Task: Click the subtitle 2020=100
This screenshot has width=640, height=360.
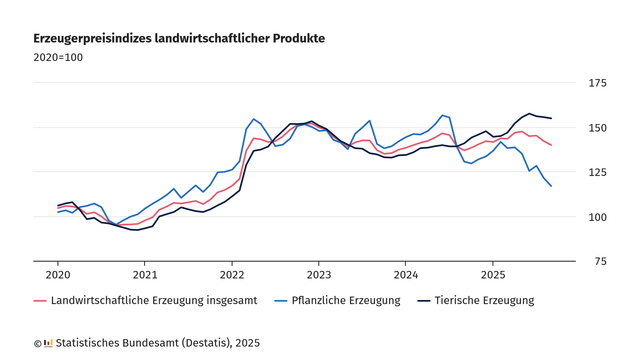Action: point(58,57)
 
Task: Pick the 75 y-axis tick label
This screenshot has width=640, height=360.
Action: point(598,262)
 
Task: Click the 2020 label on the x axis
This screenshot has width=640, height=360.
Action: point(58,274)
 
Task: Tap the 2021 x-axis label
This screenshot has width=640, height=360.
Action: point(145,274)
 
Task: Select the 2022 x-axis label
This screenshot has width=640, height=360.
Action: point(232,274)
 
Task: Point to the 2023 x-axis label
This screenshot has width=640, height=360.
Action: point(319,274)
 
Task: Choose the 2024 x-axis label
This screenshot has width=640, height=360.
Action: point(406,274)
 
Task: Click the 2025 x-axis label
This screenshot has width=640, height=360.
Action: point(493,274)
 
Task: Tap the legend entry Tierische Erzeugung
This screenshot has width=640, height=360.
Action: point(484,300)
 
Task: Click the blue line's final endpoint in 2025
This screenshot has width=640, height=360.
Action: point(551,186)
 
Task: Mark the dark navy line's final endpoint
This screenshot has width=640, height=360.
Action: point(551,119)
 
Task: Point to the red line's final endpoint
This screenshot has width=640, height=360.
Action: point(551,146)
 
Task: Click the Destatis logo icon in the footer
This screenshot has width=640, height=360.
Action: point(48,343)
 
